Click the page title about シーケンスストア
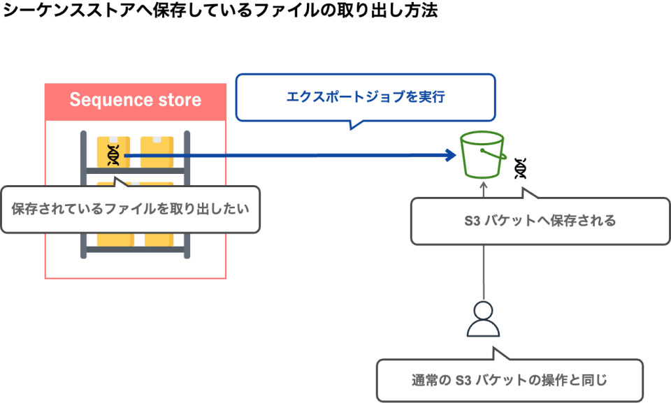[219, 12]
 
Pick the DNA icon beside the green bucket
[520, 168]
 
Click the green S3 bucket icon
[482, 156]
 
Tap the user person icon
[483, 319]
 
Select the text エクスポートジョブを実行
[365, 97]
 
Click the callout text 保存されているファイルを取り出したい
[130, 208]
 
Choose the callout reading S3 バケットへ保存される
[540, 221]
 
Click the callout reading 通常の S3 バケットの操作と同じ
[509, 381]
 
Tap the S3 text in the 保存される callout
[473, 221]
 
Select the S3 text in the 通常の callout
[464, 381]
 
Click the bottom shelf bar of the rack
[135, 249]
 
